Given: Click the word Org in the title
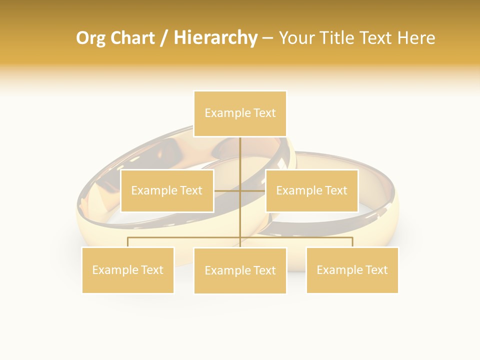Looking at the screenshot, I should pyautogui.click(x=90, y=38).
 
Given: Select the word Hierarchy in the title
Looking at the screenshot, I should pyautogui.click(x=215, y=38).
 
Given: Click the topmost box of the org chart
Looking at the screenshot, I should pyautogui.click(x=240, y=113).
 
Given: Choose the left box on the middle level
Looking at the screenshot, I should pyautogui.click(x=167, y=190).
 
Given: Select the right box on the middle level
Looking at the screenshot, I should pyautogui.click(x=311, y=190).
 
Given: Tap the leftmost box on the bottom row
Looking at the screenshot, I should pyautogui.click(x=128, y=270).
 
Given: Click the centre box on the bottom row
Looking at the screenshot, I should pyautogui.click(x=240, y=270).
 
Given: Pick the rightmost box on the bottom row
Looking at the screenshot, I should pyautogui.click(x=352, y=270).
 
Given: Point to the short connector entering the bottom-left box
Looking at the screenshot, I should pyautogui.click(x=128, y=242).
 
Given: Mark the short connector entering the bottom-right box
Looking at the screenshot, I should pyautogui.click(x=352, y=242).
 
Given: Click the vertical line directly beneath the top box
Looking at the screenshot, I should pyautogui.click(x=240, y=155).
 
